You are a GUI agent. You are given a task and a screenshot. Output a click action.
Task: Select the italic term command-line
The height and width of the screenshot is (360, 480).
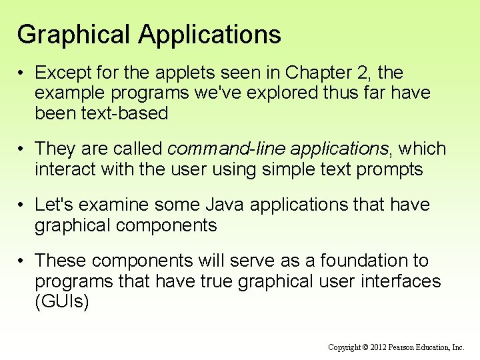pyautogui.click(x=223, y=149)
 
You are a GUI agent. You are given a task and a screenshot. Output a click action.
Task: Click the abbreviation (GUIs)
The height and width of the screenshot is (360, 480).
pyautogui.click(x=62, y=302)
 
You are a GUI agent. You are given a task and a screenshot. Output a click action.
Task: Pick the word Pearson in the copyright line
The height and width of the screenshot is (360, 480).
pyautogui.click(x=405, y=347)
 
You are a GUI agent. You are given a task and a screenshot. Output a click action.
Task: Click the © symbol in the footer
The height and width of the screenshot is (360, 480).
pyautogui.click(x=364, y=347)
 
